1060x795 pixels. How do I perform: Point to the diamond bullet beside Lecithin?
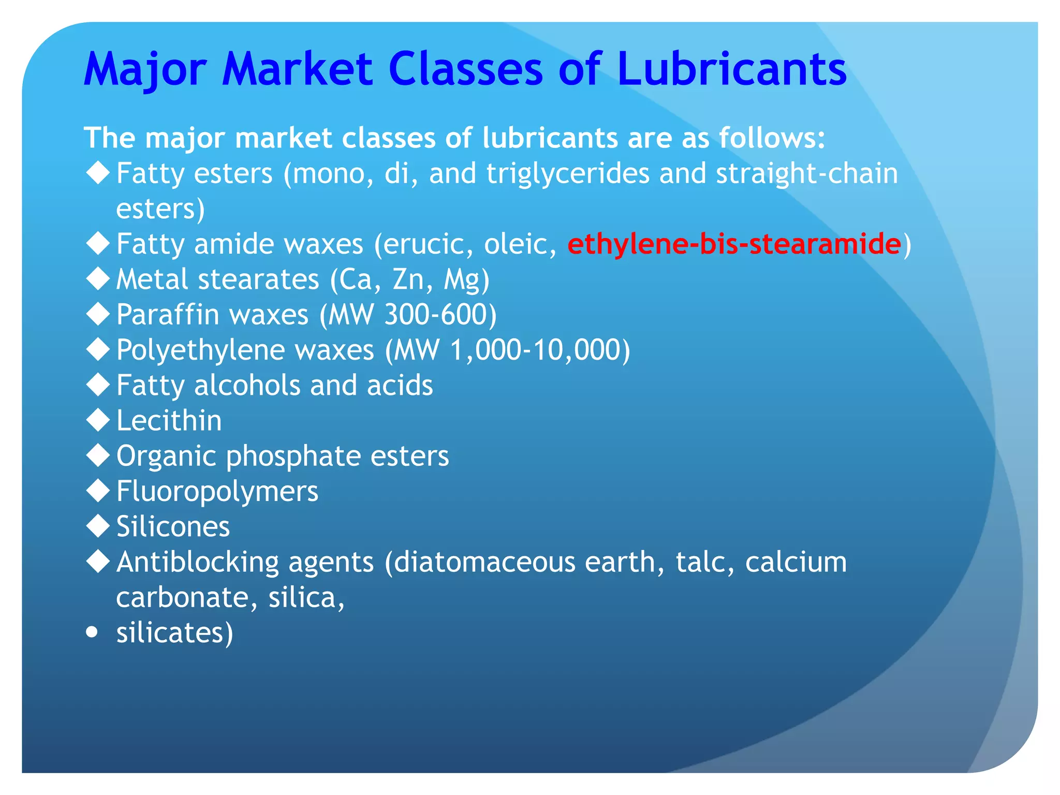point(98,420)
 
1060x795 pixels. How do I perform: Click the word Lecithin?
point(169,420)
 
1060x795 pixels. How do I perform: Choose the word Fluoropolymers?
point(217,491)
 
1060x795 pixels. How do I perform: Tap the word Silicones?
point(173,526)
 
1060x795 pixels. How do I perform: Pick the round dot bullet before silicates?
point(92,632)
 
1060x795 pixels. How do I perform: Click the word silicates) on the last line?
point(174,632)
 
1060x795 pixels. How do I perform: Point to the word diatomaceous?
point(484,562)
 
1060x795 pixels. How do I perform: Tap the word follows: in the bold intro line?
point(771,138)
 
